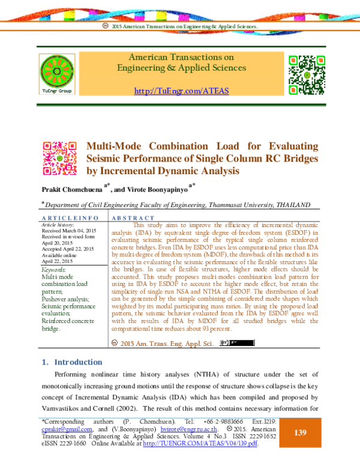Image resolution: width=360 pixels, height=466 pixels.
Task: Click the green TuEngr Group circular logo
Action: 58,72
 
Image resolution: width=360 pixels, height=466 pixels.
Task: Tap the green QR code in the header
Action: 307,72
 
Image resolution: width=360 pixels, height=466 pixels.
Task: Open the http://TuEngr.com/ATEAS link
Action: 181,91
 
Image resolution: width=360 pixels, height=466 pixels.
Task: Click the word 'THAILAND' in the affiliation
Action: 292,205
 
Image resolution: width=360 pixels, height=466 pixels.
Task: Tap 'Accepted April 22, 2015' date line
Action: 67,249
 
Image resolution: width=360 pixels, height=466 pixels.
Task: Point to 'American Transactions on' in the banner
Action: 181,58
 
